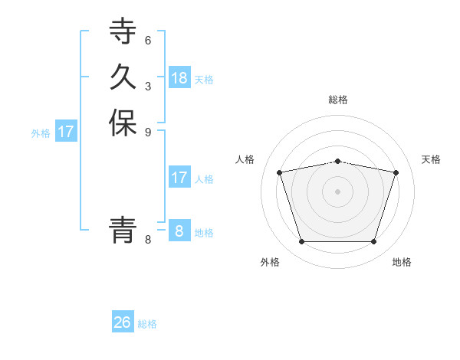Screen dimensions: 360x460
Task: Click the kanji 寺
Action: [123, 32]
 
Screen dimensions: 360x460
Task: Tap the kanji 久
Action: [123, 77]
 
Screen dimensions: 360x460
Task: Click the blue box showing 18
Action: [179, 78]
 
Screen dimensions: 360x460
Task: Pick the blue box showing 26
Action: [123, 322]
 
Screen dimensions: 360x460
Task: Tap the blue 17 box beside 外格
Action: [66, 132]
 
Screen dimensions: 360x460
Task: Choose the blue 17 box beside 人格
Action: [179, 178]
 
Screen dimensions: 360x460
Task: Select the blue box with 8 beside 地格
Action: [179, 231]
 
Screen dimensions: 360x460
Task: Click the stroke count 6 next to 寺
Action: [148, 40]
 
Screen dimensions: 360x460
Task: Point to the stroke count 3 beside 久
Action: [148, 85]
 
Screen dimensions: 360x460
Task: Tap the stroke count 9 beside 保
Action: [148, 131]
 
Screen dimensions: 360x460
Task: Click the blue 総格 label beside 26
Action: [147, 324]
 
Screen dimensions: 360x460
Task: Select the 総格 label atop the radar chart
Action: [337, 100]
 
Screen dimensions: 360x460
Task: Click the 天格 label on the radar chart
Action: [431, 159]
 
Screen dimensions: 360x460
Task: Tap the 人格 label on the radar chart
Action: [245, 159]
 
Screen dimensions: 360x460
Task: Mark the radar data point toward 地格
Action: [373, 242]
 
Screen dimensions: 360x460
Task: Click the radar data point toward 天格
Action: [396, 172]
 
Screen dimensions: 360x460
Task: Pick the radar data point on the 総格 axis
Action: [337, 161]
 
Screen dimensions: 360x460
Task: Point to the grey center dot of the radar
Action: [337, 191]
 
